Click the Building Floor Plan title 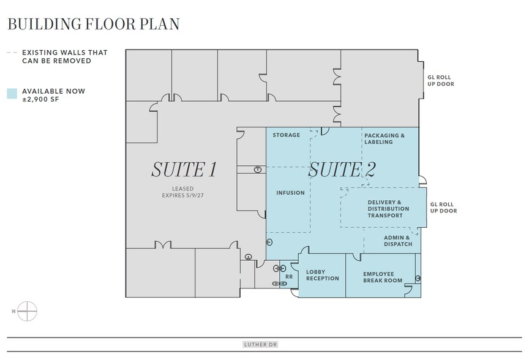[x=94, y=24]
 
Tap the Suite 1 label [x=184, y=170]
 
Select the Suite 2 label [x=342, y=170]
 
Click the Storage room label [x=286, y=135]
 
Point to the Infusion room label [x=290, y=193]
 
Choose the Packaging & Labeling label [x=385, y=138]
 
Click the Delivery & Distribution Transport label [x=388, y=209]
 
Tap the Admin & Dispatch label [x=398, y=241]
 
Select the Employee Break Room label [x=383, y=277]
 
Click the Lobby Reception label [x=323, y=276]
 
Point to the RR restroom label [x=289, y=277]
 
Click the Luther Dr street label [x=260, y=345]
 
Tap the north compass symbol [x=27, y=311]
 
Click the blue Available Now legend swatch [x=12, y=94]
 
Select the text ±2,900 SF [x=40, y=100]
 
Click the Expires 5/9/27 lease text [x=183, y=195]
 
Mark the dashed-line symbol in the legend [x=12, y=53]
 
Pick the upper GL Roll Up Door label [x=441, y=81]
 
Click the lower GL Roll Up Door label [x=443, y=208]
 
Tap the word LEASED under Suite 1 [x=183, y=189]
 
